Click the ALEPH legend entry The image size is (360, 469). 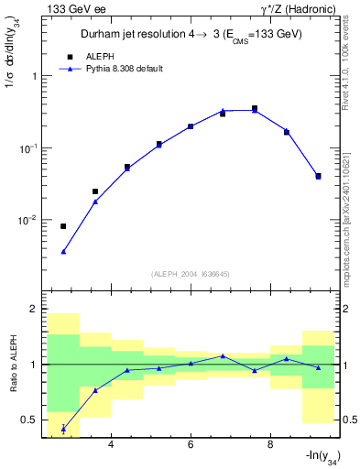(x=100, y=56)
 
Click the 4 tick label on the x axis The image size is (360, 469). (x=111, y=445)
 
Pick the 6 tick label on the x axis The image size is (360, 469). (x=191, y=445)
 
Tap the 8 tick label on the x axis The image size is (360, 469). (x=270, y=445)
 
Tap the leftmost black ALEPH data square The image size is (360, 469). (x=63, y=226)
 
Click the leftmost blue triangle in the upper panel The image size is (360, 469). (x=63, y=251)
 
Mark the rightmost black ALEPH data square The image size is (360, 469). (x=318, y=176)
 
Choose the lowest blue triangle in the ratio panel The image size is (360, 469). (x=63, y=429)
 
